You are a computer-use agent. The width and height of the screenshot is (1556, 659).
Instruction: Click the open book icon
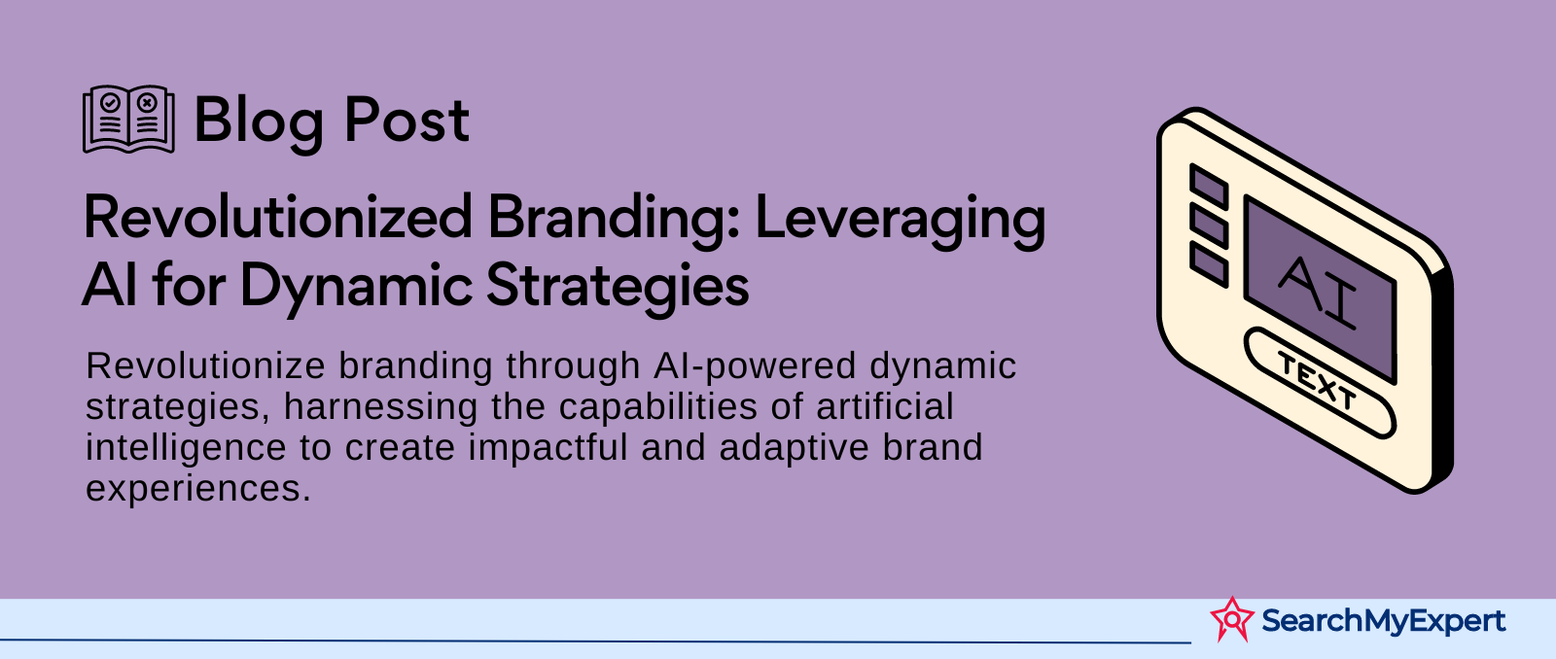tap(128, 119)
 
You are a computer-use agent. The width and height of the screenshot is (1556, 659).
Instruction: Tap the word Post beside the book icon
tap(407, 121)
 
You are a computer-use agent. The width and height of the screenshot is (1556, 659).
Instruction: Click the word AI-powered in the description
tap(755, 366)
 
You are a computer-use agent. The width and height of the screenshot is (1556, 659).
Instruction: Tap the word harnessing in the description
tap(380, 407)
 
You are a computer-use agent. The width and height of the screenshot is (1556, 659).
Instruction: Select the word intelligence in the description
tap(186, 449)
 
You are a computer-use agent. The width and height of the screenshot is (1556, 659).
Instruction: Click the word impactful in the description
tap(548, 449)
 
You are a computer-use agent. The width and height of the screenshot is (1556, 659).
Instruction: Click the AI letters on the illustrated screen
tap(1318, 293)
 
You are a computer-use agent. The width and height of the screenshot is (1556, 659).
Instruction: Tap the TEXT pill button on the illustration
tap(1319, 382)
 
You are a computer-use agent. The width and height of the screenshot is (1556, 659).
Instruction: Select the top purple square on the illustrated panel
tap(1209, 185)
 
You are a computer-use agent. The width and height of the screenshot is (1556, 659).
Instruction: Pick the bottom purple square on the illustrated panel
tap(1209, 263)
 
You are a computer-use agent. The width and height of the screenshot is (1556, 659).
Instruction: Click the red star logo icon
tap(1232, 619)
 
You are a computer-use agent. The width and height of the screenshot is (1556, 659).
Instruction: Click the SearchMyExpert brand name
tap(1383, 621)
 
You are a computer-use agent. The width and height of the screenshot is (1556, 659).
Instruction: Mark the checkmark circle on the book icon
tap(111, 103)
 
